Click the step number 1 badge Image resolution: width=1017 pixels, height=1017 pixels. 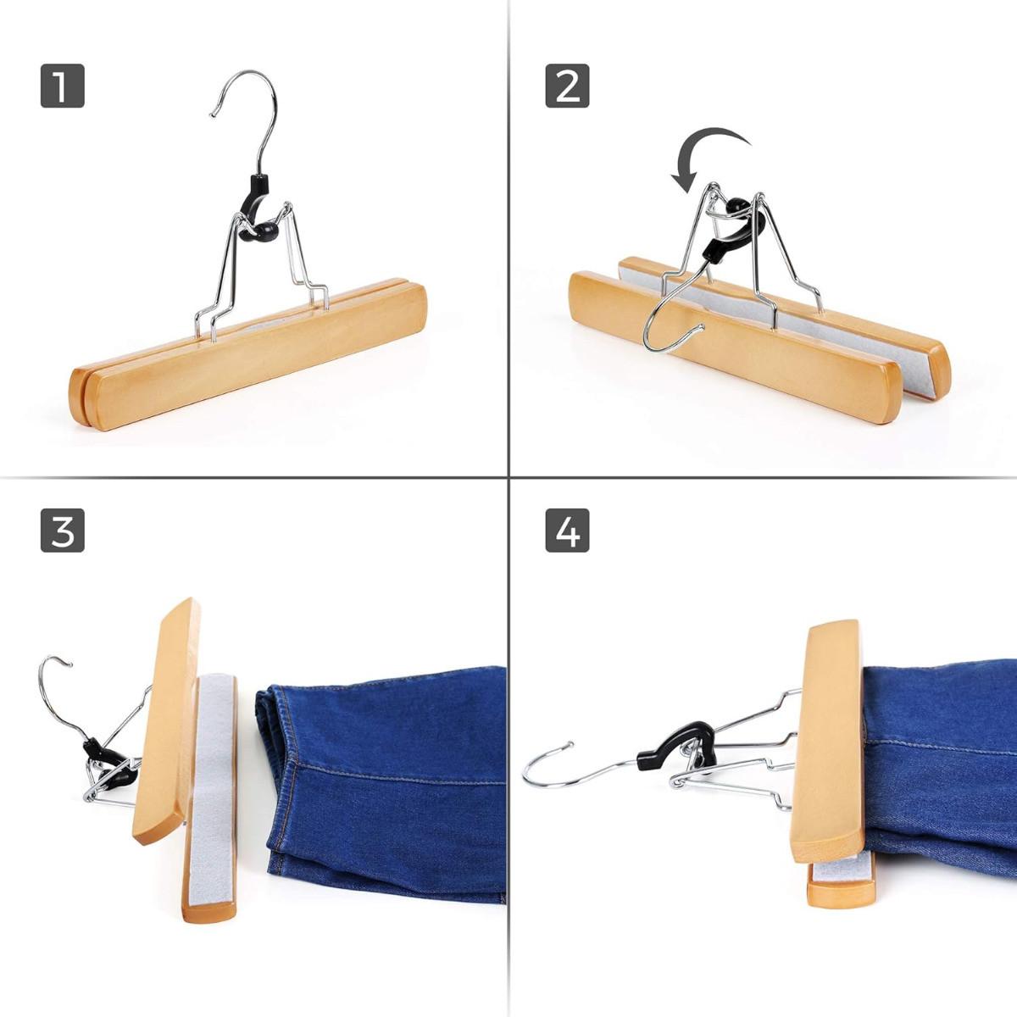point(62,86)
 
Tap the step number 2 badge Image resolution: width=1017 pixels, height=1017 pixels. point(567,86)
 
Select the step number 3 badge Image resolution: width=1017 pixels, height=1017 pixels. point(62,531)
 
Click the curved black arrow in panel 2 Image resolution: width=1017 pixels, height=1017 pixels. point(708,148)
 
